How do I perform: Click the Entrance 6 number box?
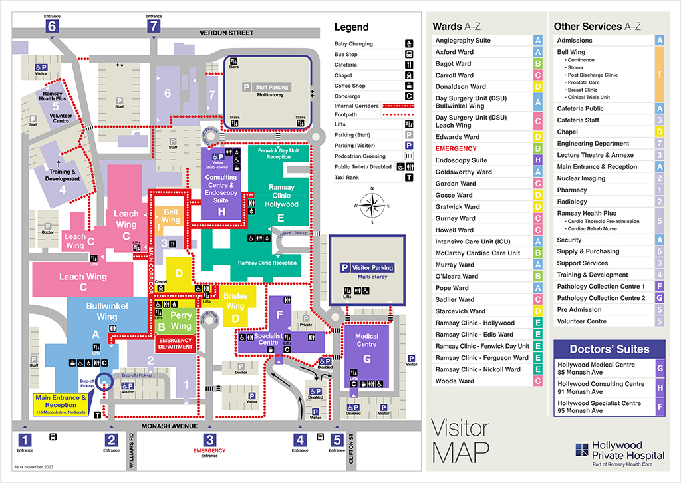click(x=52, y=26)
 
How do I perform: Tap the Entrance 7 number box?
click(x=154, y=26)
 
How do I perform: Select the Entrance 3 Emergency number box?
click(x=209, y=440)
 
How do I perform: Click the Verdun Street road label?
click(x=227, y=33)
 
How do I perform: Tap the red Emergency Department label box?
click(x=175, y=343)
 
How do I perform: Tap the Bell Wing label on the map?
click(x=171, y=216)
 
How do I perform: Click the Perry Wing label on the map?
click(x=181, y=321)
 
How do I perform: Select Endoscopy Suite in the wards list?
click(x=462, y=160)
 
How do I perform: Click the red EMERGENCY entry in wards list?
click(x=456, y=148)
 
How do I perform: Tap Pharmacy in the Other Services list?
click(x=573, y=190)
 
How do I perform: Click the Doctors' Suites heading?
click(x=609, y=349)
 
